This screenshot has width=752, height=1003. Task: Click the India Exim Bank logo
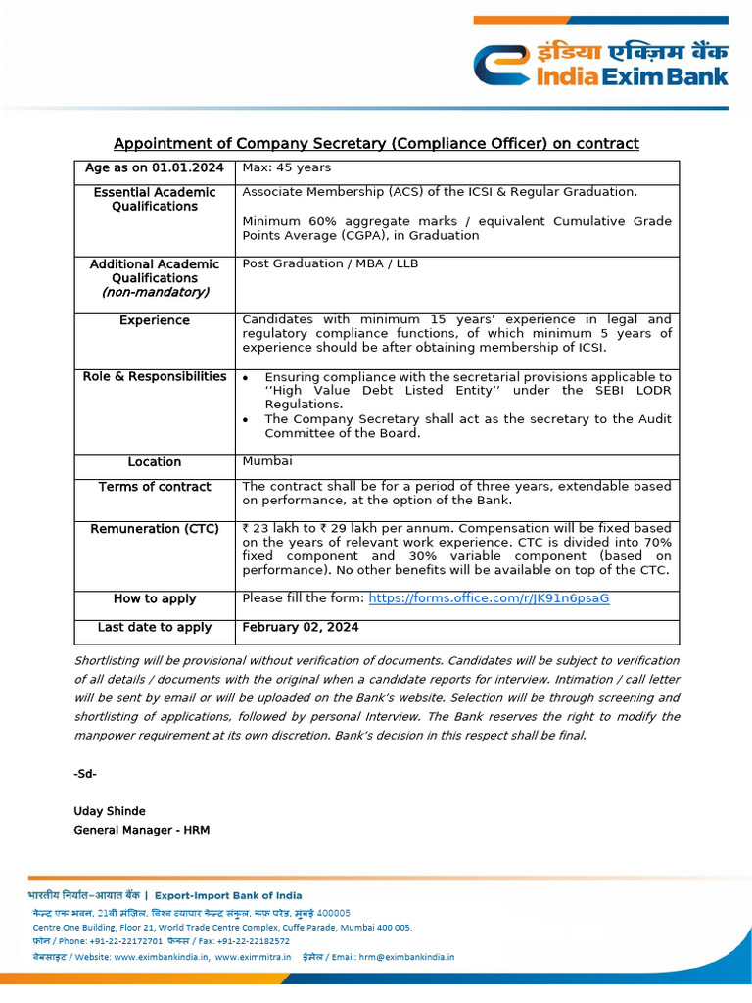600,64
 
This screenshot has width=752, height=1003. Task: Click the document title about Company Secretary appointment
376,144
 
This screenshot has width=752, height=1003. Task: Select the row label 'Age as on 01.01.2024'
154,168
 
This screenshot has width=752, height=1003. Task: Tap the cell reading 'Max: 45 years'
287,168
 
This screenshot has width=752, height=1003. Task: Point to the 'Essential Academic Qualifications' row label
154,199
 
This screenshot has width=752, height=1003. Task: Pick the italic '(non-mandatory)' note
154,292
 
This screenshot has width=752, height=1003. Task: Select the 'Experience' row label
154,320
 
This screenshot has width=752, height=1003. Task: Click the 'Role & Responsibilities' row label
154,377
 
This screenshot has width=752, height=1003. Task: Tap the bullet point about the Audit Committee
468,426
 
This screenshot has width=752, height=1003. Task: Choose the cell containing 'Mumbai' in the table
266,461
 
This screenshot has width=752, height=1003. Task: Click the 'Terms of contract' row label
154,487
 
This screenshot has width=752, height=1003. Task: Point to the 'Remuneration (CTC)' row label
154,529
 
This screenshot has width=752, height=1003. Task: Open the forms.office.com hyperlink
489,598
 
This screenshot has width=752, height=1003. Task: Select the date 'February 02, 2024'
301,627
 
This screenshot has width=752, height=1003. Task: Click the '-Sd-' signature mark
85,774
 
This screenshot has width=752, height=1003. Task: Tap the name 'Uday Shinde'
110,811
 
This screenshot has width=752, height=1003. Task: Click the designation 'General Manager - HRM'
142,831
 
